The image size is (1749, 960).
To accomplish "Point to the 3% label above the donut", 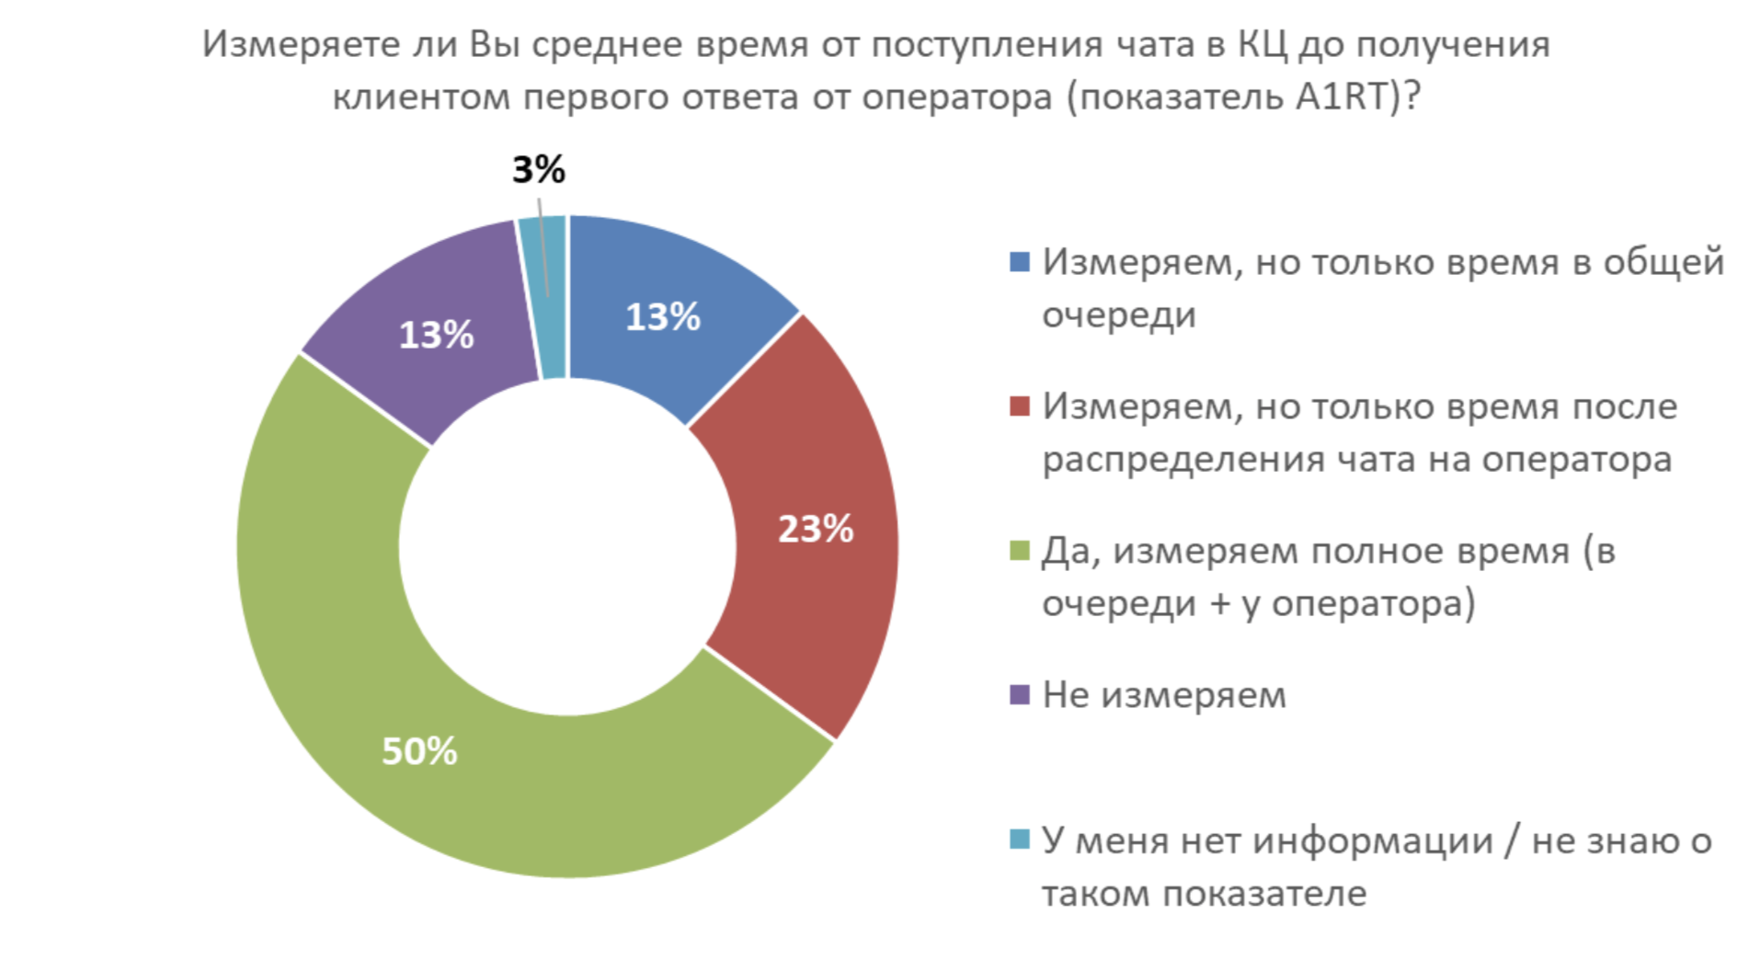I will point(539,169).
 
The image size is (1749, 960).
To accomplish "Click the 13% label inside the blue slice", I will point(662,317).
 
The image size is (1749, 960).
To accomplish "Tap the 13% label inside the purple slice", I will point(436,335).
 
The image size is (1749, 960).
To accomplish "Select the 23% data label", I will point(816,529).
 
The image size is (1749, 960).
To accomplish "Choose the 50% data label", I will point(419,752).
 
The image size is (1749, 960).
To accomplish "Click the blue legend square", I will point(1019,262).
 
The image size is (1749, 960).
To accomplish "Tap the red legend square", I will point(1019,406).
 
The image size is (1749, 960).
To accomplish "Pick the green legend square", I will point(1019,551).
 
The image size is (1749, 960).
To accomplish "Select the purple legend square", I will point(1019,695).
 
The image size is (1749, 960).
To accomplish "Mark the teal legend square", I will point(1019,840).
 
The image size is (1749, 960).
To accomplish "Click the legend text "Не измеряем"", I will point(1163,695).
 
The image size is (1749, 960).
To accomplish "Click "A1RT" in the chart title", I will point(1343,97).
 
